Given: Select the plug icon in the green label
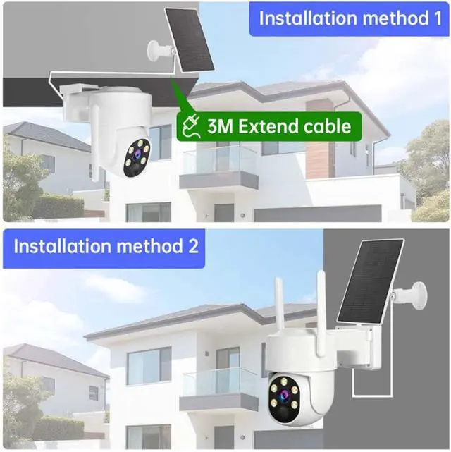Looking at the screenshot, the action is (190, 127).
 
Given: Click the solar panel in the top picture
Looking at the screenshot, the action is (188, 40).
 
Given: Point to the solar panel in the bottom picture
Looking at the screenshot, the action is (371, 280).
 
